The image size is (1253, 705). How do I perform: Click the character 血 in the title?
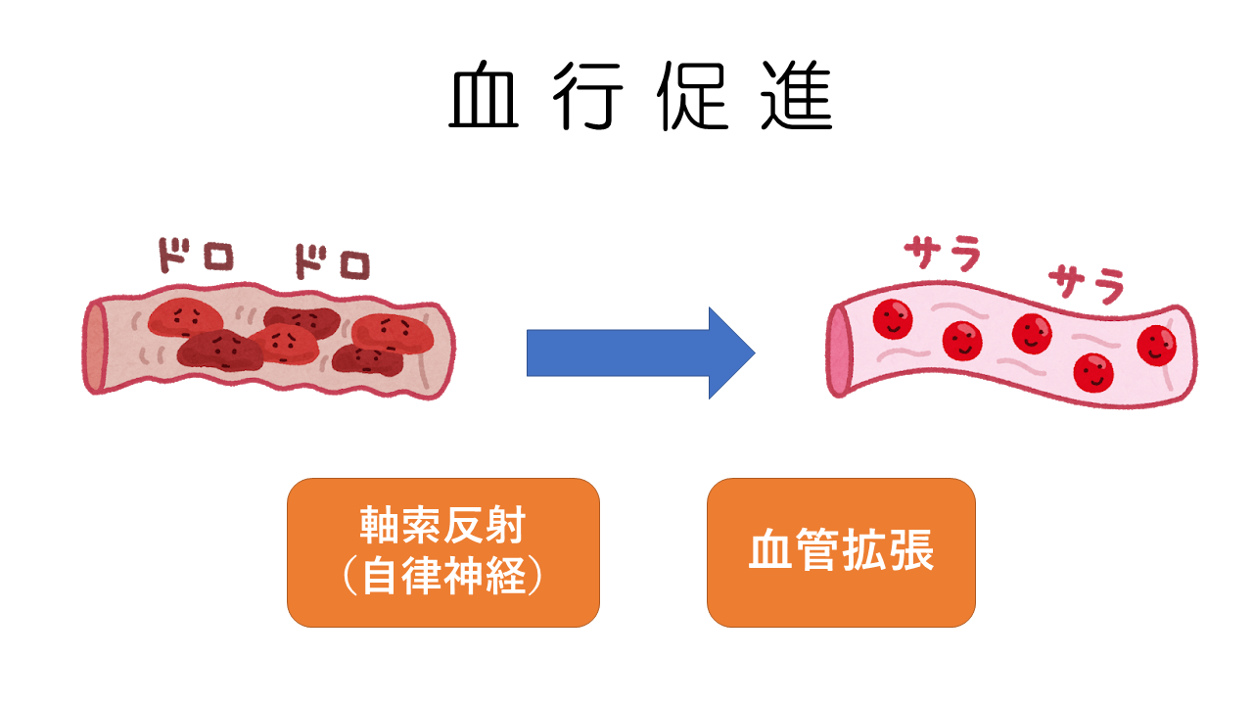pyautogui.click(x=484, y=99)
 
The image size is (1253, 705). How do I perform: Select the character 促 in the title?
pyautogui.click(x=693, y=99)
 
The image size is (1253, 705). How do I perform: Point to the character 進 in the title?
pyautogui.click(x=797, y=99)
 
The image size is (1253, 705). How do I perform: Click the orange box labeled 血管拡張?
pyautogui.click(x=841, y=552)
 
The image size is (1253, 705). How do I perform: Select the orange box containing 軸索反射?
pyautogui.click(x=442, y=552)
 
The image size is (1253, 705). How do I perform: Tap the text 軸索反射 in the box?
pyautogui.click(x=442, y=528)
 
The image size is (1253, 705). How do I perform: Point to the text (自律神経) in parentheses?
pyautogui.click(x=442, y=578)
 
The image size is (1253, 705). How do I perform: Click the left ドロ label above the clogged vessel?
pyautogui.click(x=197, y=258)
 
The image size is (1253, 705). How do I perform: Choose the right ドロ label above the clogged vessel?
pyautogui.click(x=333, y=261)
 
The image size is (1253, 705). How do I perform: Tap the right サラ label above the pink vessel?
pyautogui.click(x=1086, y=284)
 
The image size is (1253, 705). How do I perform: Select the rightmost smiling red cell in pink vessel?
pyautogui.click(x=1156, y=344)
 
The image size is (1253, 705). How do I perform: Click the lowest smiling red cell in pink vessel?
pyautogui.click(x=1093, y=371)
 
